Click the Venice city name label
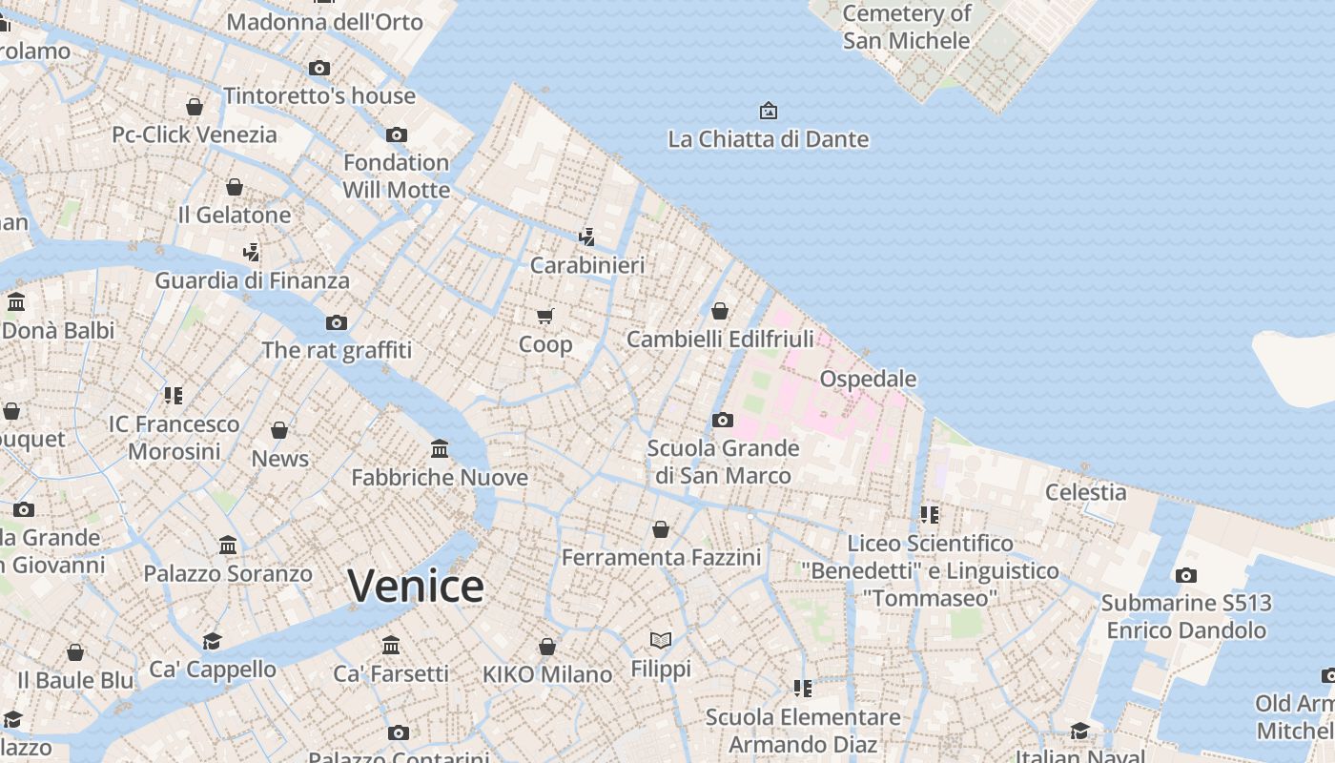[x=416, y=586]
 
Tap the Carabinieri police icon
[x=587, y=237]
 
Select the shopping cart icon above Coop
[x=544, y=316]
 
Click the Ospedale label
[x=868, y=379]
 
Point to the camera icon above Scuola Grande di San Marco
[x=723, y=420]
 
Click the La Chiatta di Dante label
[x=769, y=139]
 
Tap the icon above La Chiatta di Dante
[x=768, y=111]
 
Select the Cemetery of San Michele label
[x=906, y=27]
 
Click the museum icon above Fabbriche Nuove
[x=440, y=448]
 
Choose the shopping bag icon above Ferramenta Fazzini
[x=661, y=528]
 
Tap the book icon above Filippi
[x=661, y=640]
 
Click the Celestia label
[x=1085, y=492]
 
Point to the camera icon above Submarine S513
[x=1186, y=575]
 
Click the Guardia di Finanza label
[x=253, y=280]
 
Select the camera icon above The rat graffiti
[x=337, y=322]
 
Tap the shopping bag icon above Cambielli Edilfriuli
[x=720, y=311]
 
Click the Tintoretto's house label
[x=319, y=95]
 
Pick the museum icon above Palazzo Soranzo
[x=228, y=546]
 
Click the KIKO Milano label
[x=547, y=674]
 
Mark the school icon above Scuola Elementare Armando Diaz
[x=803, y=688]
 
